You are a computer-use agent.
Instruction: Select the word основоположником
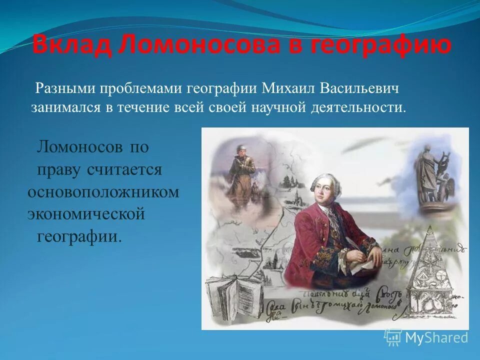pyautogui.click(x=103, y=193)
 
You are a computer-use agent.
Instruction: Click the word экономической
pyautogui.click(x=85, y=214)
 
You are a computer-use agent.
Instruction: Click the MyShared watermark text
pyautogui.click(x=436, y=337)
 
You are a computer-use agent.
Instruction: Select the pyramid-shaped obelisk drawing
pyautogui.click(x=430, y=270)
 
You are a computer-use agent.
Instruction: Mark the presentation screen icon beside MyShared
pyautogui.click(x=393, y=337)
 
